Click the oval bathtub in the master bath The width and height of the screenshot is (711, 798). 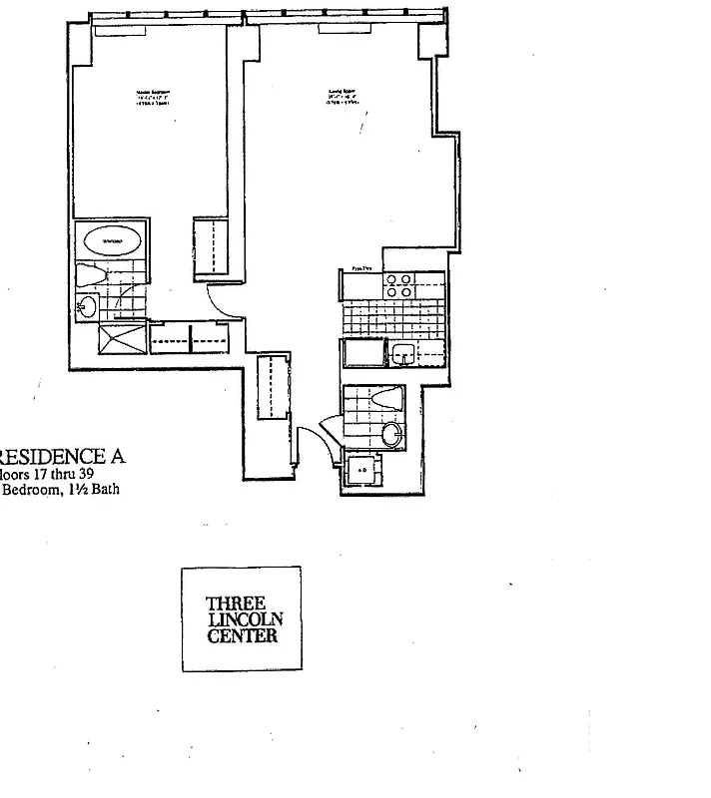[111, 241]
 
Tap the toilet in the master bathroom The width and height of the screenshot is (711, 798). [91, 276]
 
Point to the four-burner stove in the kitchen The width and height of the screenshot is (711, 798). [399, 285]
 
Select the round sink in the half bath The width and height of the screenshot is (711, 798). [393, 434]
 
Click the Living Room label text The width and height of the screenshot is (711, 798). [344, 97]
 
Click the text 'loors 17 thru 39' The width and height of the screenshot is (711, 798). [60, 475]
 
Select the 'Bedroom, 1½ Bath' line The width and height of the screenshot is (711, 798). [62, 489]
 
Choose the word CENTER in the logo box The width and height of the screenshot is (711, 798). [241, 635]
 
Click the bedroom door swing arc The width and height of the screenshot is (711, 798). [222, 300]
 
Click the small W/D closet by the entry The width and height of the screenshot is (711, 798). [361, 469]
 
